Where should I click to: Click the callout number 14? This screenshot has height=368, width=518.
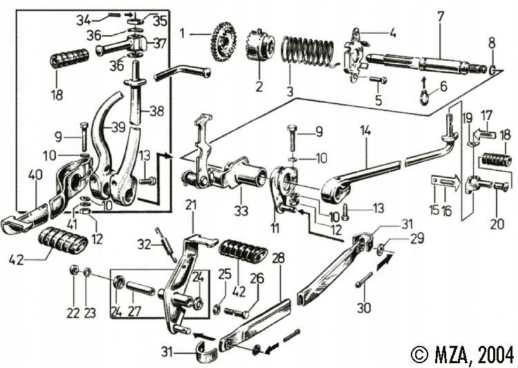(365, 128)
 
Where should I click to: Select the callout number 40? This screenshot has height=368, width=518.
(34, 175)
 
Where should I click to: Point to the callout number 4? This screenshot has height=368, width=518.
(392, 32)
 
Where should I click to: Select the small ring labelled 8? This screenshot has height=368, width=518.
(492, 70)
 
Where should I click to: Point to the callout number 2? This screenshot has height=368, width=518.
(259, 88)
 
